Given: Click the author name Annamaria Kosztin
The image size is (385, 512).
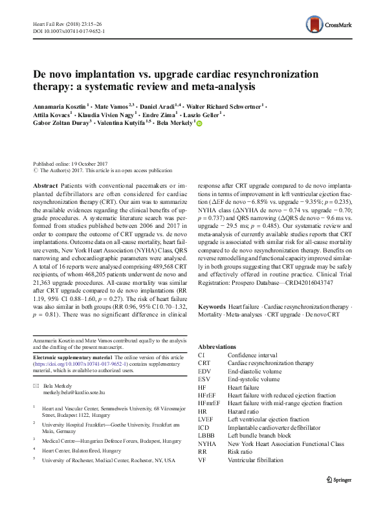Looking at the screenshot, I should (x=59, y=104).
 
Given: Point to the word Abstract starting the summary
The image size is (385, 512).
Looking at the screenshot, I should (x=45, y=184).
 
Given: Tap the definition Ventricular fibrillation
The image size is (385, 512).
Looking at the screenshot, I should (x=255, y=460).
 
